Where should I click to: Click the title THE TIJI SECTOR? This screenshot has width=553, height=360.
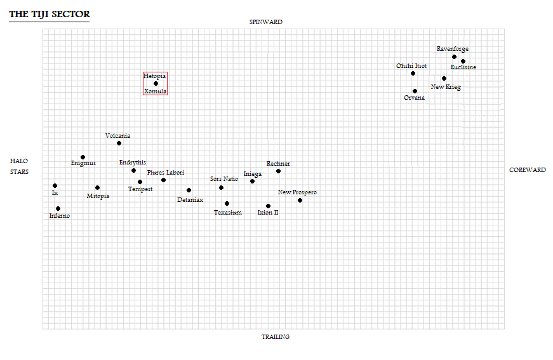[50, 14]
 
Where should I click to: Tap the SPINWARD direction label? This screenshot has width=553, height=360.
[266, 22]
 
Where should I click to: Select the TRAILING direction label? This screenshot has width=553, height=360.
[276, 337]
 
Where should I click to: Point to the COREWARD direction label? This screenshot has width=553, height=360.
[527, 170]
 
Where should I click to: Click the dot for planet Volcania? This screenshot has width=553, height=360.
[119, 143]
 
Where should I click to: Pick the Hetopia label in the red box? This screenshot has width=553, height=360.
[154, 76]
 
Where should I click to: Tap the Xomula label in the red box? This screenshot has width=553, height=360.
[155, 91]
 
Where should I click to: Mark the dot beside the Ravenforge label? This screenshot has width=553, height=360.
[454, 57]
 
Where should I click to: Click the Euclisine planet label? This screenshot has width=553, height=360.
[463, 67]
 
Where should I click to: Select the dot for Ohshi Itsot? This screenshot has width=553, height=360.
[413, 74]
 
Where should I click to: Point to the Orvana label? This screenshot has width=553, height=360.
[414, 98]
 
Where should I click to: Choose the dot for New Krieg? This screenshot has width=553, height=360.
[444, 78]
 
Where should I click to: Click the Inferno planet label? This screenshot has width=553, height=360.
[60, 215]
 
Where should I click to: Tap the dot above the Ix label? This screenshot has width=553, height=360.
[55, 186]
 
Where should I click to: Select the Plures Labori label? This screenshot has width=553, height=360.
[166, 173]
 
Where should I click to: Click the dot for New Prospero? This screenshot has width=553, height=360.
[300, 200]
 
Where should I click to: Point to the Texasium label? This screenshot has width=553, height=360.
[228, 212]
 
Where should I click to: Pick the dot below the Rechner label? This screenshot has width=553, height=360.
[278, 171]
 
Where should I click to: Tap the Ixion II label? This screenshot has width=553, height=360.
[268, 212]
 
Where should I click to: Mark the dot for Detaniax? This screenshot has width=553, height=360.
[189, 190]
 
